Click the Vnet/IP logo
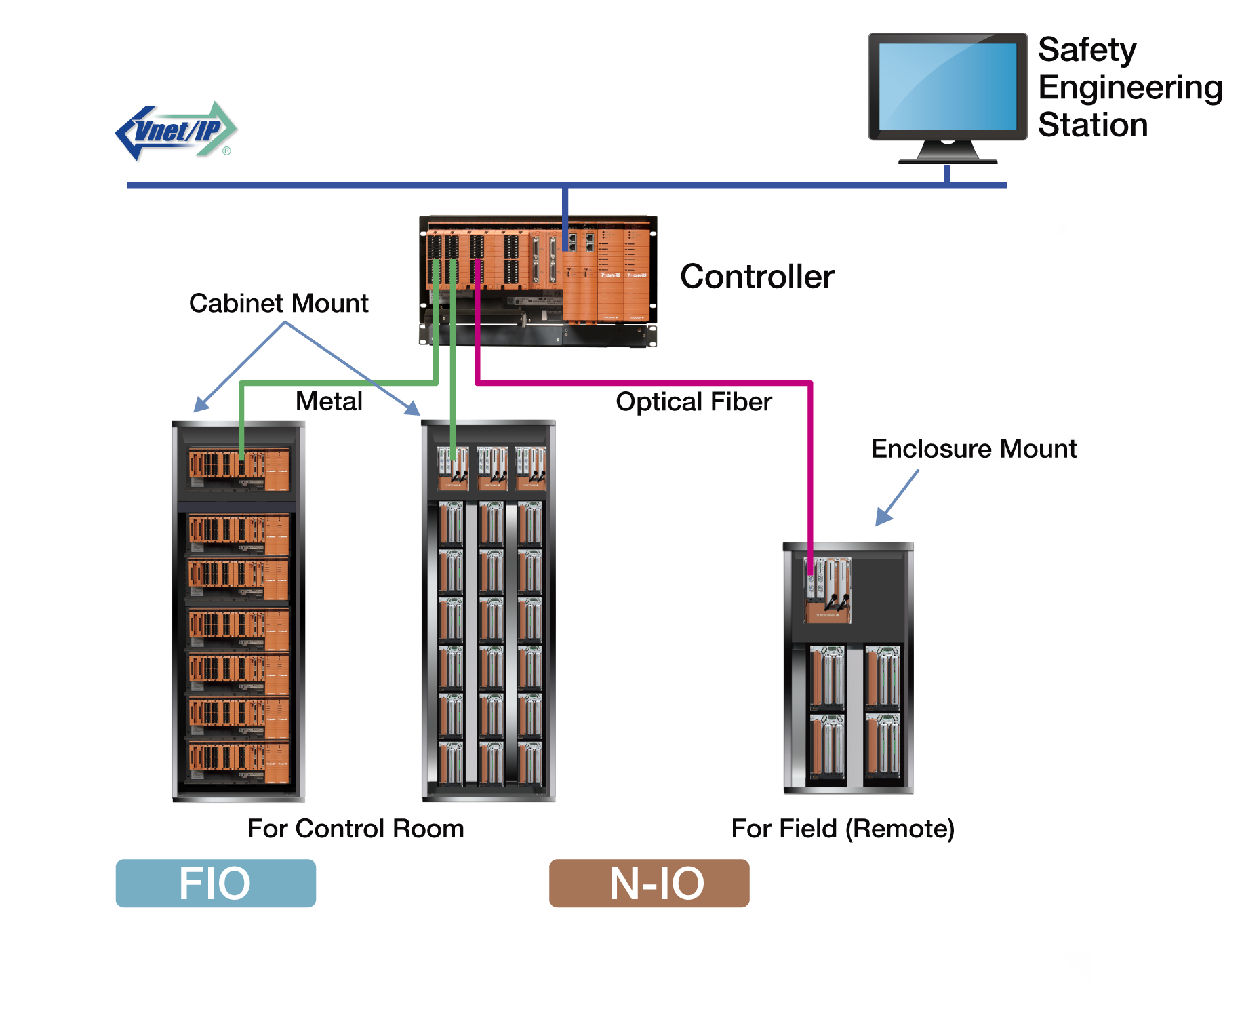176,131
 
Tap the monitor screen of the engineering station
947,86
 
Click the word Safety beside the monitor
1087,50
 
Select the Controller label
757,277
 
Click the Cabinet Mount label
279,303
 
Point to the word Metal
329,401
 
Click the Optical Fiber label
694,402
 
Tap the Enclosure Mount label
974,449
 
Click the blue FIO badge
216,883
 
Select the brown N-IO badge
649,883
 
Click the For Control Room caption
355,829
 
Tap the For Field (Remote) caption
843,829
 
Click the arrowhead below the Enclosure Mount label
883,517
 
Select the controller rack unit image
538,280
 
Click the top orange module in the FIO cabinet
239,469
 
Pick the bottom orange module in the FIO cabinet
239,762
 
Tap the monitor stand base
947,160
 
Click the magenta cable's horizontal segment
644,383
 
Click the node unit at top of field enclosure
827,589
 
